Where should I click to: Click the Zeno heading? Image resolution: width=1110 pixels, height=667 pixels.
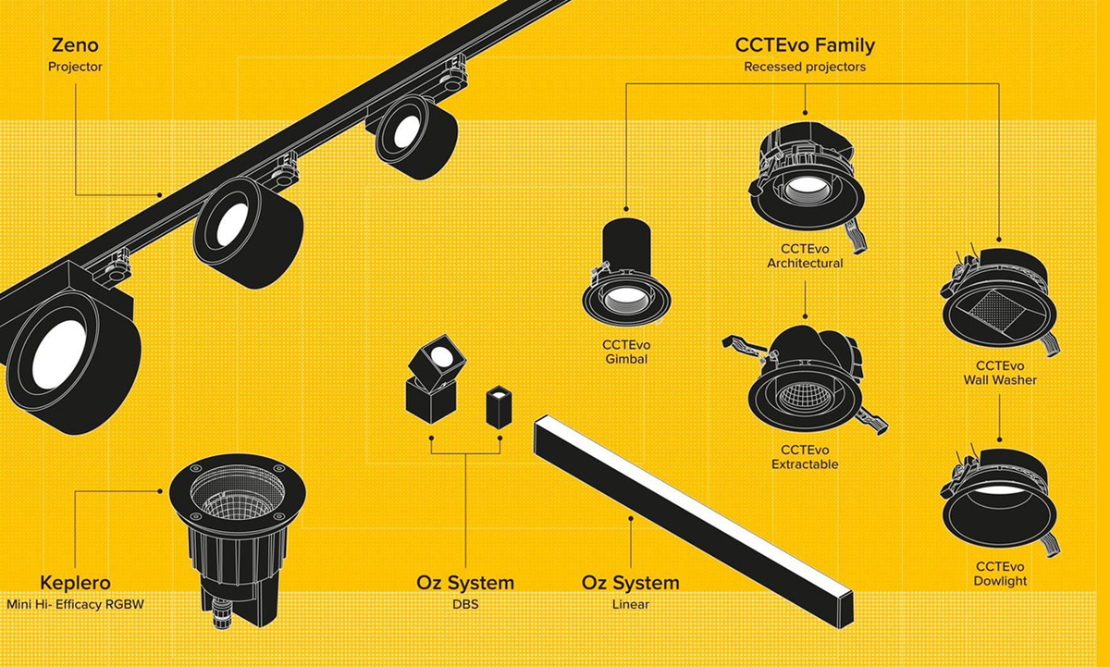click(75, 45)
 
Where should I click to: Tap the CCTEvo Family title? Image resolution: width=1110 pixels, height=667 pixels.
click(805, 45)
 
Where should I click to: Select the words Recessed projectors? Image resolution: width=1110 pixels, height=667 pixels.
click(805, 67)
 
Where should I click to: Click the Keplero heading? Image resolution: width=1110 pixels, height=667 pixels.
click(75, 583)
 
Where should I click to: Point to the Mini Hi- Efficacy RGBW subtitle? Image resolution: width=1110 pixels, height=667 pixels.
click(75, 605)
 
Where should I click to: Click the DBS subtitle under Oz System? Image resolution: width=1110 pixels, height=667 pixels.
click(465, 605)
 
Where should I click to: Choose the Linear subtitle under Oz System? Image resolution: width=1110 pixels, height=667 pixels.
click(630, 605)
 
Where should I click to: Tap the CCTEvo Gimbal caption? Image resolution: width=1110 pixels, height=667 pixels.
click(626, 352)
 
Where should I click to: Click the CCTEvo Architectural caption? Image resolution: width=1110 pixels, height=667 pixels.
click(805, 255)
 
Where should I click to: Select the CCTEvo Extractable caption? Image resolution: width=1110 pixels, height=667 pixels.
click(805, 457)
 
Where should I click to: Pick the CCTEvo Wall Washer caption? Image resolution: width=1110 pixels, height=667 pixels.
click(1000, 373)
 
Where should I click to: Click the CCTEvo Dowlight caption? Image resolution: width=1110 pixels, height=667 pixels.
click(1000, 574)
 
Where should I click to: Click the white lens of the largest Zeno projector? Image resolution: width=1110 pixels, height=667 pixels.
click(58, 353)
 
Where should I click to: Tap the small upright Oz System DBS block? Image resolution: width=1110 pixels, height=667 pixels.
click(499, 407)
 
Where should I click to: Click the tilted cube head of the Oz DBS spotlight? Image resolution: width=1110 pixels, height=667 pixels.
click(438, 359)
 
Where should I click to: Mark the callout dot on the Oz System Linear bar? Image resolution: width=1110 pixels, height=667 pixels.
click(631, 518)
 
